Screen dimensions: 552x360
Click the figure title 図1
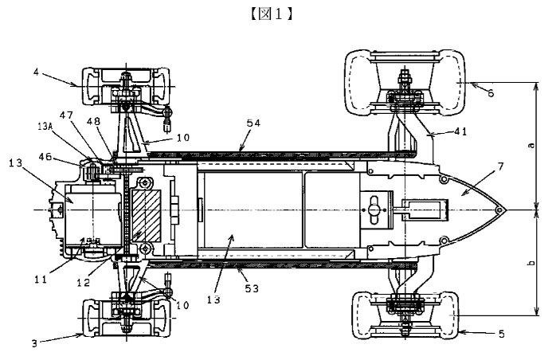coord(272,14)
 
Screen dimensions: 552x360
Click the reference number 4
coord(37,72)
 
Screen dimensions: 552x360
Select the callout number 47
coord(66,115)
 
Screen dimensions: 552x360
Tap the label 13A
coord(45,127)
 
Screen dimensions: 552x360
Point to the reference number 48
coord(93,121)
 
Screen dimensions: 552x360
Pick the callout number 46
coord(45,157)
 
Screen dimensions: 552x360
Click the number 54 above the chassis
coord(253,123)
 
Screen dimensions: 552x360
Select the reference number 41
coord(460,131)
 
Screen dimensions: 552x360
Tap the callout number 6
coord(491,93)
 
